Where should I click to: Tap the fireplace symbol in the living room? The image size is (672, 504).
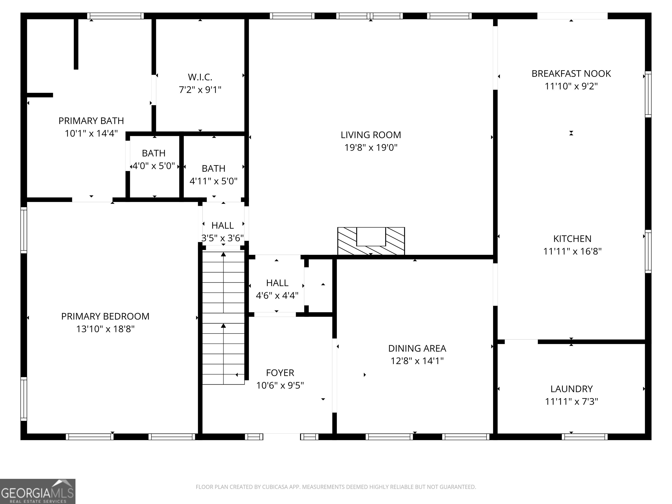point(371,241)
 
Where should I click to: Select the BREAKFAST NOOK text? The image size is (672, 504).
point(571,73)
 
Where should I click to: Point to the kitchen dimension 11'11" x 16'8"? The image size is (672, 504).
point(572,251)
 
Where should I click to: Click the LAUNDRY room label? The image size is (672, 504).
point(571,389)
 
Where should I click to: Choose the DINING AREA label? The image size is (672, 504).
point(417,348)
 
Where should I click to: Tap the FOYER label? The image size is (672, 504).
point(280,373)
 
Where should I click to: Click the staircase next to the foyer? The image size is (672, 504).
point(224,318)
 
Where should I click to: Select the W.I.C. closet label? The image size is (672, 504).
point(200,77)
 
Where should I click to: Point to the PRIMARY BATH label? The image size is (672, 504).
point(91,121)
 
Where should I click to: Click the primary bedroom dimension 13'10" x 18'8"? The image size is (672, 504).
point(105,329)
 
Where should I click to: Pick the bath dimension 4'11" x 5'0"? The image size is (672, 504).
point(213,181)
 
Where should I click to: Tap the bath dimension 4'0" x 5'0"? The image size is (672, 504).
point(154,166)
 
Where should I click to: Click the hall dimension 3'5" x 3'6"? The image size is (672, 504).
point(223,238)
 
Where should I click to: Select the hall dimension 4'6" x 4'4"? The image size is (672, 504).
point(277,295)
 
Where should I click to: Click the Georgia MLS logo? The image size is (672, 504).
point(38,491)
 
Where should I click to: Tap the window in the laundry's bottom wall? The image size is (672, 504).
point(584,437)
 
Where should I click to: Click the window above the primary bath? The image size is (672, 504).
point(115,16)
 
